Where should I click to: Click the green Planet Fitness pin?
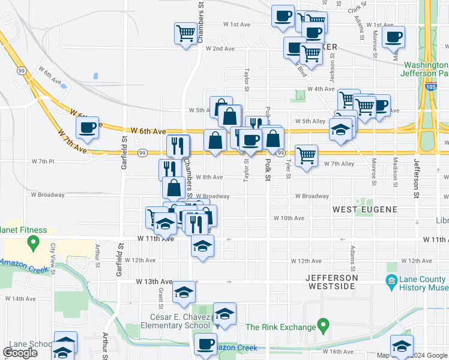[34, 243]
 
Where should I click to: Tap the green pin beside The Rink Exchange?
[324, 327]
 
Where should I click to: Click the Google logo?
[20, 353]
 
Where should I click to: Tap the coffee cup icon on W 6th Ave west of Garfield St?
[88, 127]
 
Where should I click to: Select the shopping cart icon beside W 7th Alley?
[306, 156]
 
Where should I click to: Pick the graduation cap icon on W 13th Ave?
[184, 293]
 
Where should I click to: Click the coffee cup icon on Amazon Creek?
[206, 344]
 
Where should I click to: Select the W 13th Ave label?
[154, 281]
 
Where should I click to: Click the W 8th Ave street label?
[209, 178]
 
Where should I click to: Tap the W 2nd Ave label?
[220, 49]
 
